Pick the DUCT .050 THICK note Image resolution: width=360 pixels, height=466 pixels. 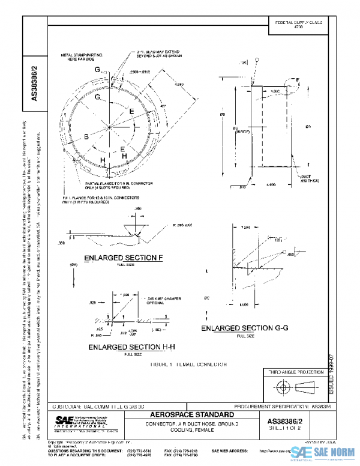(307, 178)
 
